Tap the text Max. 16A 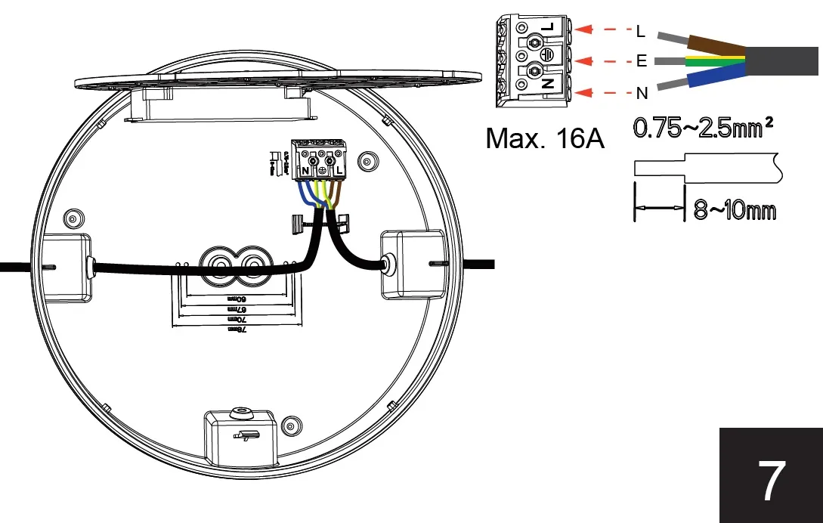[x=544, y=138]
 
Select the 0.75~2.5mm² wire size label [x=702, y=128]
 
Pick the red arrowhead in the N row [x=583, y=92]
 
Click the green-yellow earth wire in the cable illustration [x=710, y=61]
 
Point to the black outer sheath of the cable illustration [x=782, y=60]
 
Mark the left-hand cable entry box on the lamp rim [x=66, y=266]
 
